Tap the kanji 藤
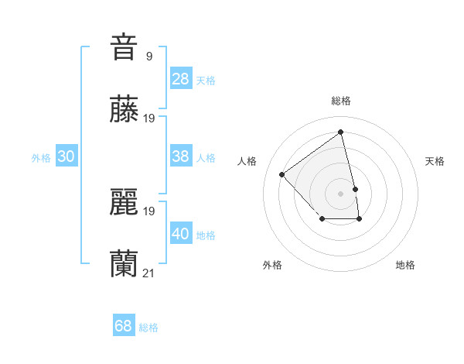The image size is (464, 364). point(124,109)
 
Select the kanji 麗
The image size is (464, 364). point(124,202)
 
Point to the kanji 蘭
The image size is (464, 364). point(124,264)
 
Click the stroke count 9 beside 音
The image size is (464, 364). point(149,56)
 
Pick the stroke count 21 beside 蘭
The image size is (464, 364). point(149,273)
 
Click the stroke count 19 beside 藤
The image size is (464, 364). point(149,118)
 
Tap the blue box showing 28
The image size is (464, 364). point(180,78)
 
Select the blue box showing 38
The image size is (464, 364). point(180,156)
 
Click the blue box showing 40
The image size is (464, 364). point(180,233)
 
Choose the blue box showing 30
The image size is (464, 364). point(67,156)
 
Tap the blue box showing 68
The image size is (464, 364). point(123,326)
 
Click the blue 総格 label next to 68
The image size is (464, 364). point(148,328)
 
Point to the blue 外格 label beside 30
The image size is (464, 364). point(41,158)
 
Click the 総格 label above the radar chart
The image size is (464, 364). point(341,101)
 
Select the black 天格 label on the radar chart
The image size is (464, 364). point(435,161)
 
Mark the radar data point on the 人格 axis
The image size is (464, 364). point(282,174)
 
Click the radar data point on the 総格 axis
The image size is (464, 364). point(341,132)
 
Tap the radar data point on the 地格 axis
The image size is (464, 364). point(360,219)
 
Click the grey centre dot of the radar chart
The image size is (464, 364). point(341,193)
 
